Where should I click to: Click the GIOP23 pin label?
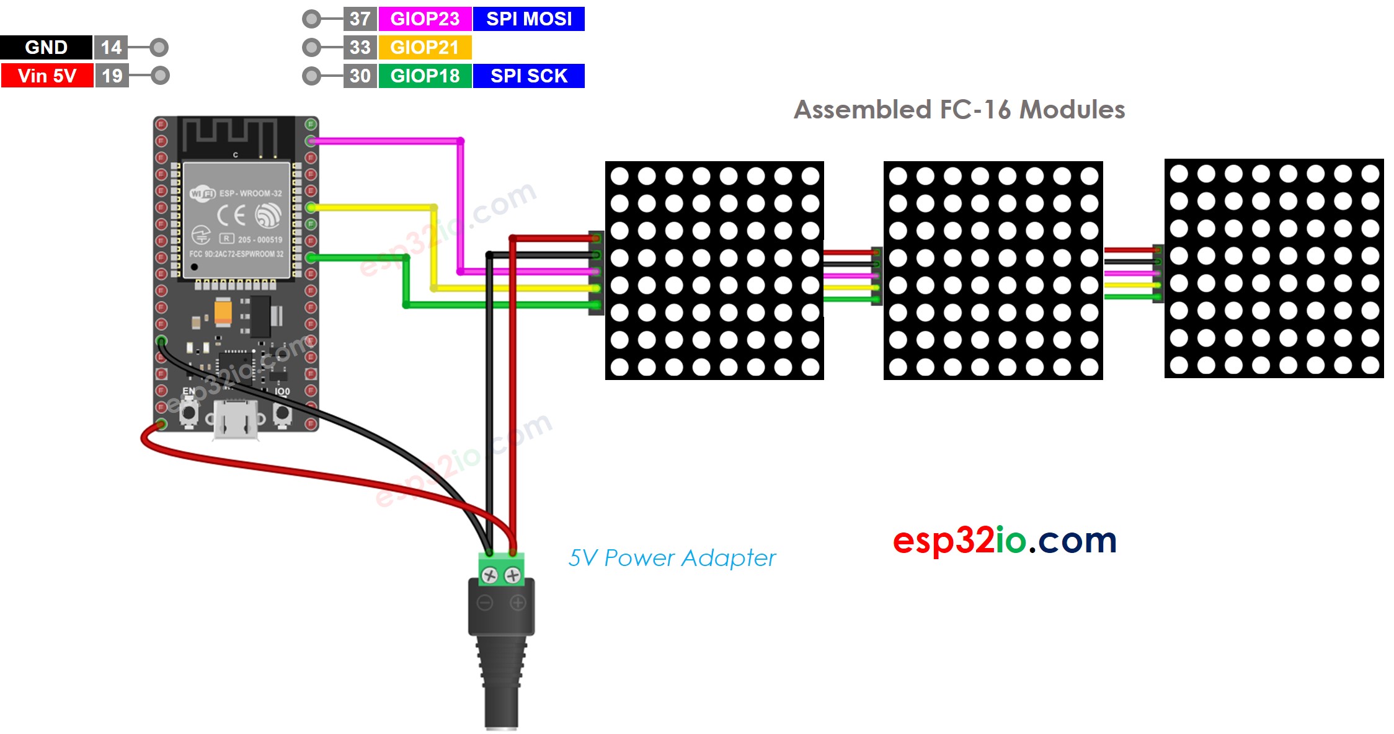(x=425, y=19)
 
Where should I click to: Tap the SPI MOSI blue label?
(x=528, y=19)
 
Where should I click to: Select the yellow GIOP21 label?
(x=425, y=47)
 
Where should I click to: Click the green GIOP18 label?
(x=425, y=76)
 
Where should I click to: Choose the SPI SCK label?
(x=528, y=76)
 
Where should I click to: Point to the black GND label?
(x=46, y=47)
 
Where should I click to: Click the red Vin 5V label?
(x=47, y=76)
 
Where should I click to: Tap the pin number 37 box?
(x=360, y=19)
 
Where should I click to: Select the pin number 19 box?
(x=112, y=76)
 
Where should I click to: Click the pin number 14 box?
(x=111, y=47)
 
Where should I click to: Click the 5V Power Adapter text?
(x=672, y=558)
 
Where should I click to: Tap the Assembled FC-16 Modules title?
(x=959, y=110)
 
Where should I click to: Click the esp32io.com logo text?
(x=1005, y=541)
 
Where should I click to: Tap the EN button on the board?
(x=189, y=412)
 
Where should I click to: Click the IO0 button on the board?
(x=282, y=412)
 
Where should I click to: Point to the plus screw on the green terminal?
(x=513, y=575)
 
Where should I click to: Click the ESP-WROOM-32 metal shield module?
(x=236, y=220)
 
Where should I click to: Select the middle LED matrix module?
(x=993, y=270)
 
